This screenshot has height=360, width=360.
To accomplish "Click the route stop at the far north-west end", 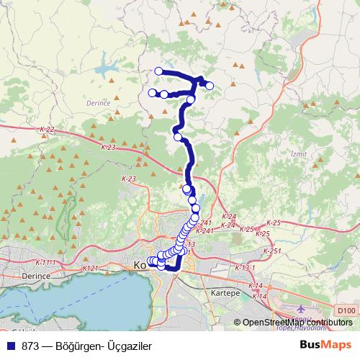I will click(x=159, y=71).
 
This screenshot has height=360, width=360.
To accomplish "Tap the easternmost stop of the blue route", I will click(x=210, y=86).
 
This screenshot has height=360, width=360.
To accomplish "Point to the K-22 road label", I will click(x=47, y=130).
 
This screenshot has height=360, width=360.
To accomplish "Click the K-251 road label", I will click(x=272, y=251).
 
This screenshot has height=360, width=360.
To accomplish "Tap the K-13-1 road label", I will click(x=245, y=268).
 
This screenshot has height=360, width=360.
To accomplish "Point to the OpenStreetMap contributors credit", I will click(x=297, y=323).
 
